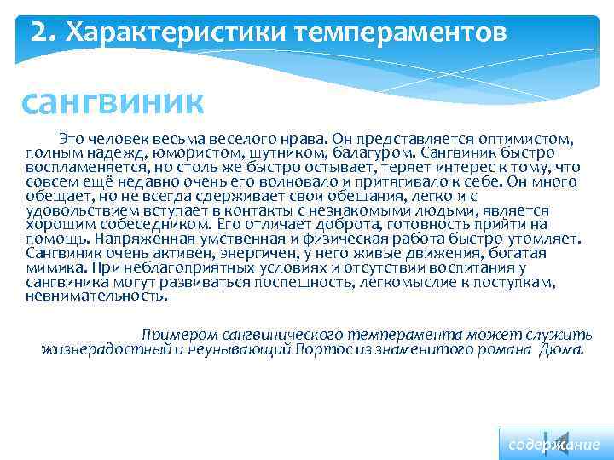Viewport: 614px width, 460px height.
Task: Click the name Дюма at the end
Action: click(561, 350)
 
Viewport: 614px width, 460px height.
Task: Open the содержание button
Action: click(554, 445)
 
